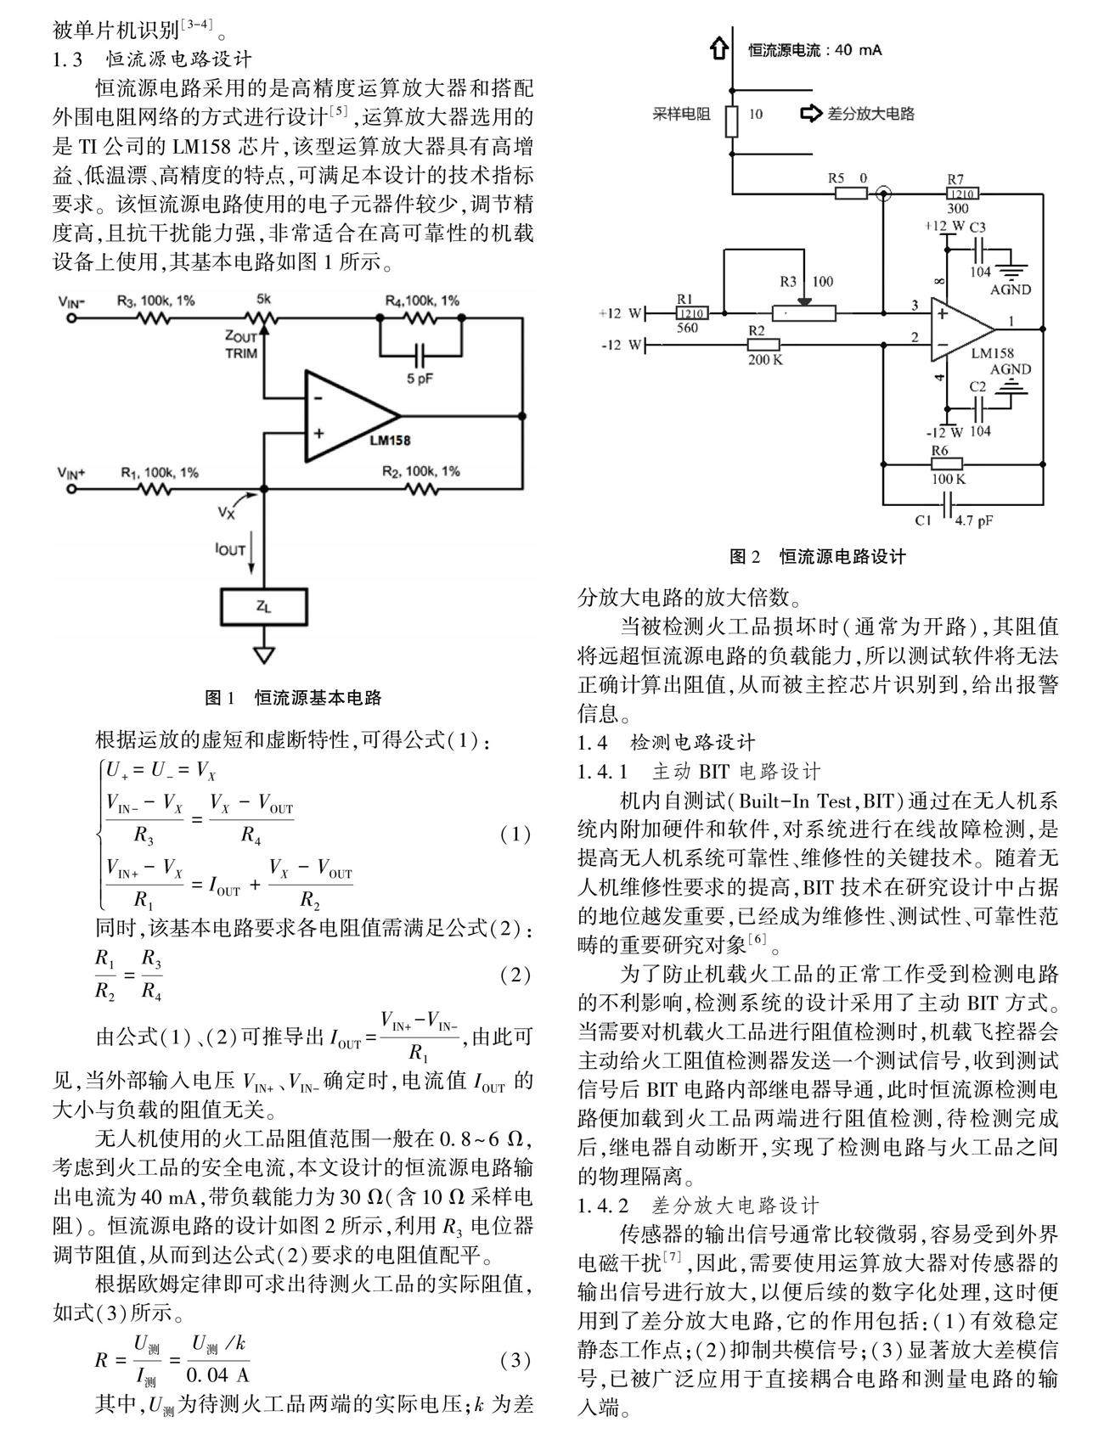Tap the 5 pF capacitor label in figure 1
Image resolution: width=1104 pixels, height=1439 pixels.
pos(419,379)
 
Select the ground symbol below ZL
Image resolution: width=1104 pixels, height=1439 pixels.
pos(264,655)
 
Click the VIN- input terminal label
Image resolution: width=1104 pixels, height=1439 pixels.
pos(71,301)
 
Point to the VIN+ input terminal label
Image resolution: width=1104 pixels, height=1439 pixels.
pos(71,472)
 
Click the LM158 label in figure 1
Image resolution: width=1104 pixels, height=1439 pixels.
pos(390,441)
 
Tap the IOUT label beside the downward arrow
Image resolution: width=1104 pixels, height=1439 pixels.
pos(229,549)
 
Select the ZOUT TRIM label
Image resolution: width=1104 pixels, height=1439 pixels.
pos(241,344)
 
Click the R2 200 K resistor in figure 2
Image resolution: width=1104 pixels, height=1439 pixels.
pos(763,345)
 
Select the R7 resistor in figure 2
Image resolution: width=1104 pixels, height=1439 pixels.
pos(957,194)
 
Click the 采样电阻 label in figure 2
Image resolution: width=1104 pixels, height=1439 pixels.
pos(681,114)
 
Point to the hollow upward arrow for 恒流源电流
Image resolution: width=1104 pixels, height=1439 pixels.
pos(719,48)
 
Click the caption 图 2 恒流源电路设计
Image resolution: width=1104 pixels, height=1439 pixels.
pos(817,557)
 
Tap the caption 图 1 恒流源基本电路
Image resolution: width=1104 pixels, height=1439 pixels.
pos(293,698)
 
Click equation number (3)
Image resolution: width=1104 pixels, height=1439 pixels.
pos(515,1361)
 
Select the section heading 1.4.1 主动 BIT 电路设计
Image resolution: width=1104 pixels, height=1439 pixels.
pos(698,772)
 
